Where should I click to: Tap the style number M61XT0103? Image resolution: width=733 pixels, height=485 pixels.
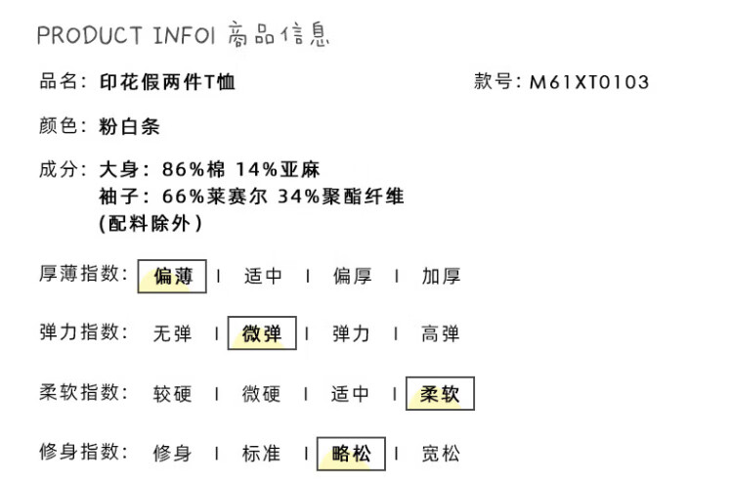point(589,83)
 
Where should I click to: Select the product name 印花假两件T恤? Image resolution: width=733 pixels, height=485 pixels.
point(167,82)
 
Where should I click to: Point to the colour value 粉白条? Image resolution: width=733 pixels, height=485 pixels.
point(129,127)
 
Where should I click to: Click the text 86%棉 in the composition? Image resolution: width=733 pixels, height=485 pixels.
point(195,170)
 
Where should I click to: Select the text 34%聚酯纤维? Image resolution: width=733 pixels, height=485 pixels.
point(341,197)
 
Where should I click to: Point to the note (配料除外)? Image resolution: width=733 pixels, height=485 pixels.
point(151,223)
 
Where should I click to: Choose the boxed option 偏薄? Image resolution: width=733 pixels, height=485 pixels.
point(172,276)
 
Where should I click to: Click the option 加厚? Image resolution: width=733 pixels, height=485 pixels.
point(441,276)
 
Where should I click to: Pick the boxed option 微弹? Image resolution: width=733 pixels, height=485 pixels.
point(262,334)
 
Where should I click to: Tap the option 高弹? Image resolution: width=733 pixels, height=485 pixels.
point(441,334)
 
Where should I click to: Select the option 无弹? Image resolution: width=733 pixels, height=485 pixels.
point(172,334)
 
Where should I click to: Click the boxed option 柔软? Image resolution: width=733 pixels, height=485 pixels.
point(440,394)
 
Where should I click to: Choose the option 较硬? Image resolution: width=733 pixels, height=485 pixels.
point(172,394)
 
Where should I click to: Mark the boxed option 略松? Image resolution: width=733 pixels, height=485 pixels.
point(351,453)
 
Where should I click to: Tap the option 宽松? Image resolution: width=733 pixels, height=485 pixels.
point(441,453)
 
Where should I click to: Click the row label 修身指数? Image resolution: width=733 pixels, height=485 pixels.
point(83,452)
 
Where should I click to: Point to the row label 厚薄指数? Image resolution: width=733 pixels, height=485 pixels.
point(83,275)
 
